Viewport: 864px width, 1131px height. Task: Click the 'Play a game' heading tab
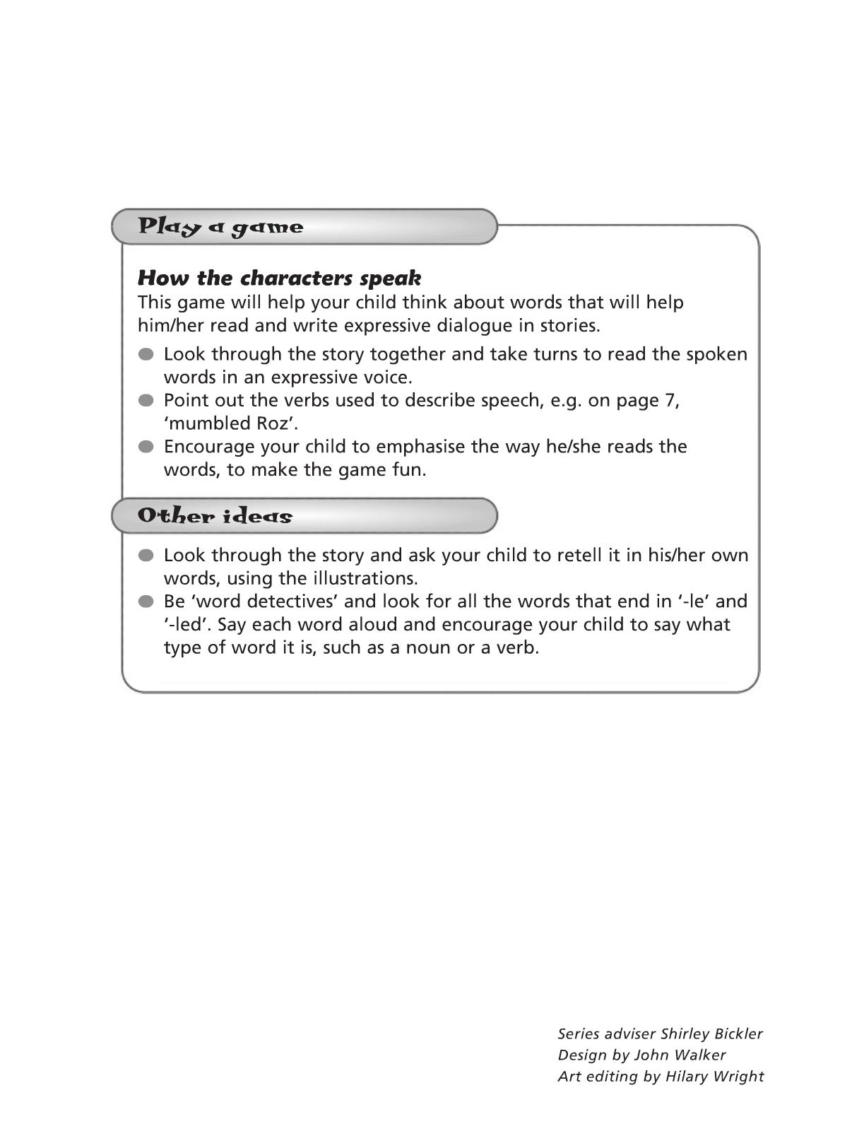click(x=304, y=227)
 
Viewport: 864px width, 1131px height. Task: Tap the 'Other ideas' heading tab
click(x=304, y=516)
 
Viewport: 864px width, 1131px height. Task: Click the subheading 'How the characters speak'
click(x=279, y=278)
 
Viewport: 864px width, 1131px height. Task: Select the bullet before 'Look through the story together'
click(x=146, y=354)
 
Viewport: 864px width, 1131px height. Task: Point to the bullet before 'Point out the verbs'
click(x=146, y=401)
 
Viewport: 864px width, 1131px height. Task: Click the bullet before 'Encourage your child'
click(x=146, y=447)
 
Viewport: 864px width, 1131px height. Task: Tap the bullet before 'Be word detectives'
click(x=146, y=602)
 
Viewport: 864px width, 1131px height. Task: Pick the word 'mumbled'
click(x=209, y=423)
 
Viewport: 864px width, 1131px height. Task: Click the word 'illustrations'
click(x=362, y=578)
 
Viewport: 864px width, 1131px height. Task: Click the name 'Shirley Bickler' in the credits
click(x=711, y=1033)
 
